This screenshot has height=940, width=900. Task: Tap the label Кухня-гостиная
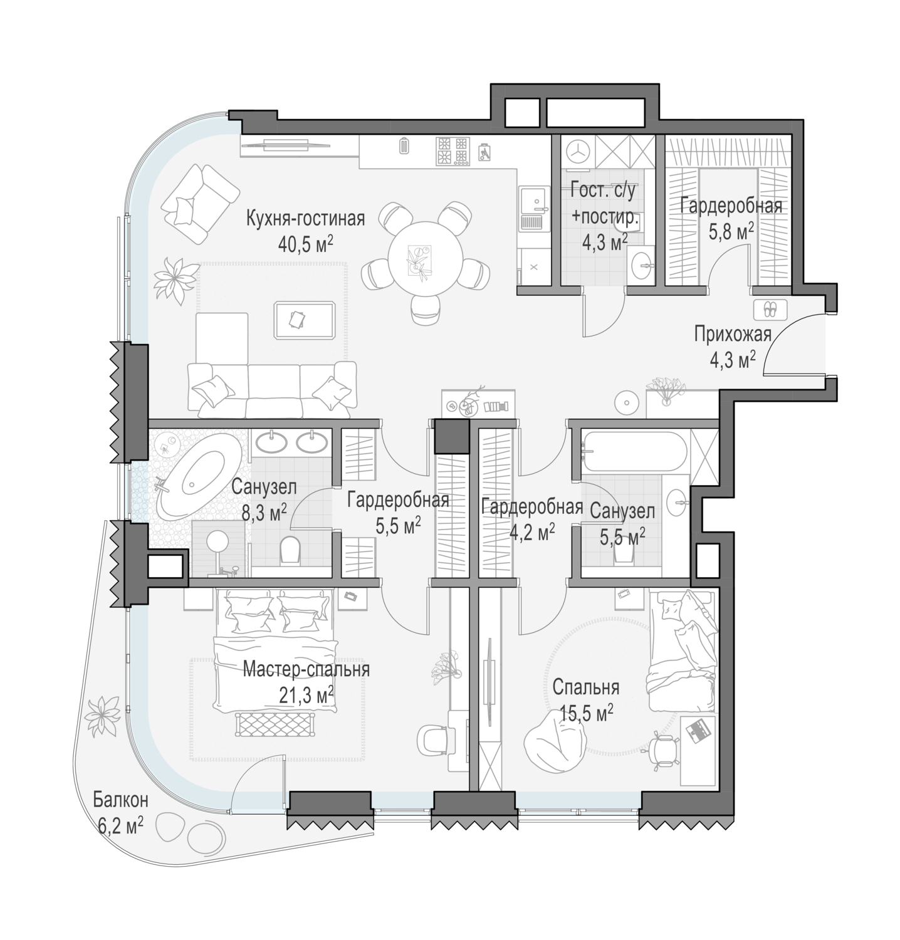(x=305, y=219)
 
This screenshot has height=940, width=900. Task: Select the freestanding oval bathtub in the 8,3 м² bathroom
(x=197, y=476)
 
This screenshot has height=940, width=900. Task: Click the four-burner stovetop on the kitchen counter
(x=453, y=151)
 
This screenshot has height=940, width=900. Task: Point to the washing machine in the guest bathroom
(x=577, y=152)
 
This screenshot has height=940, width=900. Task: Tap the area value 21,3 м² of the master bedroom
(x=306, y=694)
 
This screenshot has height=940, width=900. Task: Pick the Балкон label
(x=120, y=800)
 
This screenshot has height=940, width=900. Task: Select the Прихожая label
(x=732, y=335)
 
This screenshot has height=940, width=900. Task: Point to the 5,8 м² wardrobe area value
(x=731, y=232)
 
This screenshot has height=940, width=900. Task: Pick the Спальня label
(x=586, y=687)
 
